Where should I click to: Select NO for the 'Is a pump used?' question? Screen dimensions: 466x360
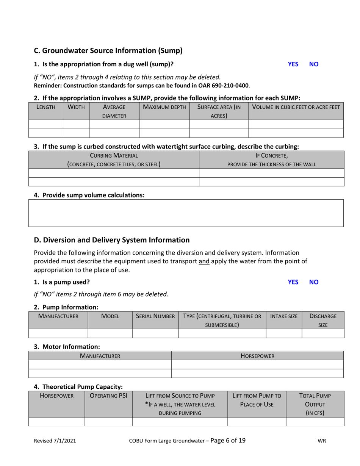coord(314,282)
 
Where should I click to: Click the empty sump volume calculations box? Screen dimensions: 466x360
coord(186,213)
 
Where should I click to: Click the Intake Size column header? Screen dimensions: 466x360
coord(283,316)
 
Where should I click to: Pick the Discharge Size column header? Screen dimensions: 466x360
coord(323,319)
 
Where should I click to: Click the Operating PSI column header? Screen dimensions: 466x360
coord(108,396)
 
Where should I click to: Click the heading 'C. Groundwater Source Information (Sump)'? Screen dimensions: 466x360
coord(108,50)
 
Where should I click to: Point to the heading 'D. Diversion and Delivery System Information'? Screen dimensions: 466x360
coord(112,240)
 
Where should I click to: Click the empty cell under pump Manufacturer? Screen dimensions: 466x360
coord(58,333)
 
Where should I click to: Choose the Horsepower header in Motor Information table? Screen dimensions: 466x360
coord(257,356)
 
